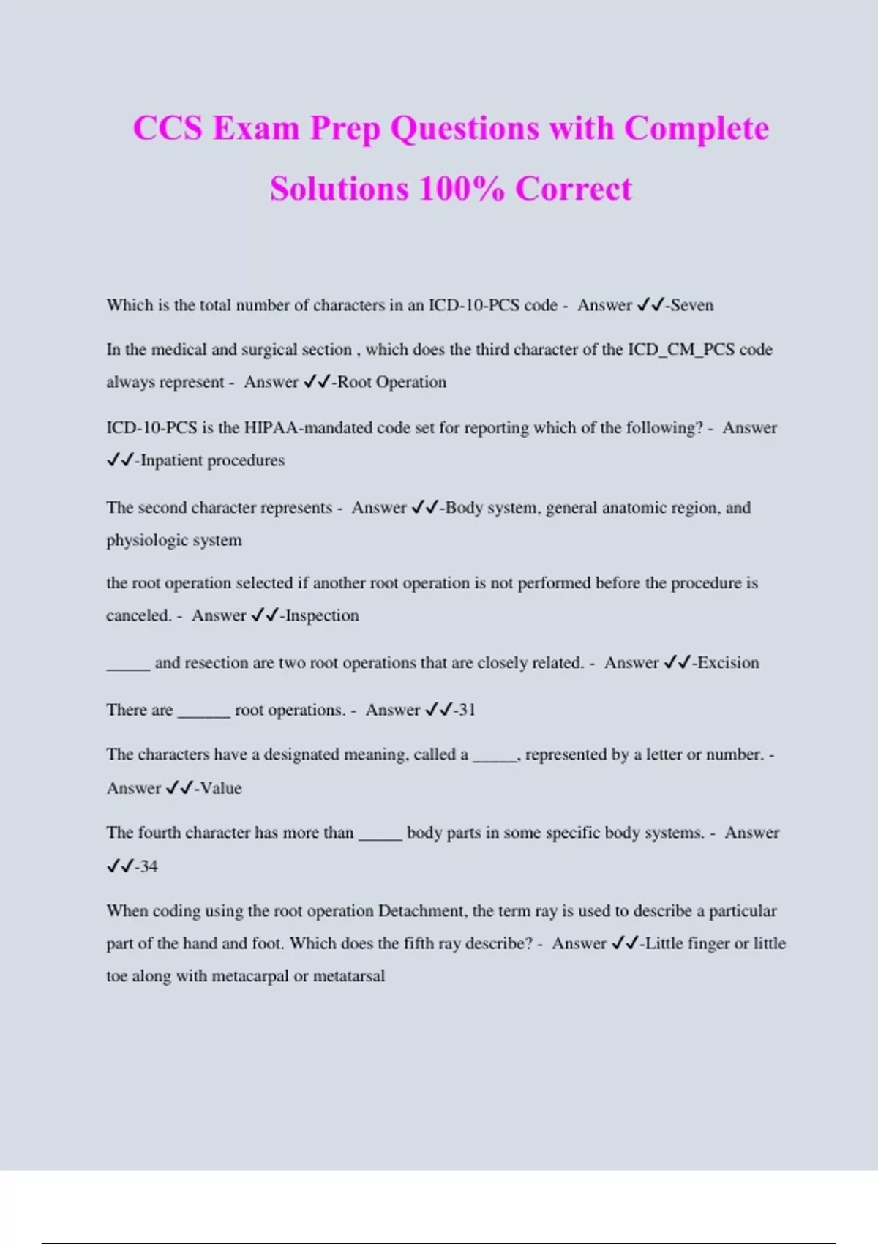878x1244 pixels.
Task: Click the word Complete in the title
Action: [x=696, y=129]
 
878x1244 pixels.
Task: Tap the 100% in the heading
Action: [x=461, y=189]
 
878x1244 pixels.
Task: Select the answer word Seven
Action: [x=691, y=305]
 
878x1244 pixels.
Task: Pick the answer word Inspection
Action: [x=322, y=615]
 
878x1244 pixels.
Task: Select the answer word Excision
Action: [x=728, y=663]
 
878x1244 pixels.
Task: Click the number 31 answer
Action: [x=467, y=710]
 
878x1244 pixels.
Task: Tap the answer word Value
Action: [x=220, y=788]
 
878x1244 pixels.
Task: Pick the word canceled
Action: [x=138, y=615]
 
